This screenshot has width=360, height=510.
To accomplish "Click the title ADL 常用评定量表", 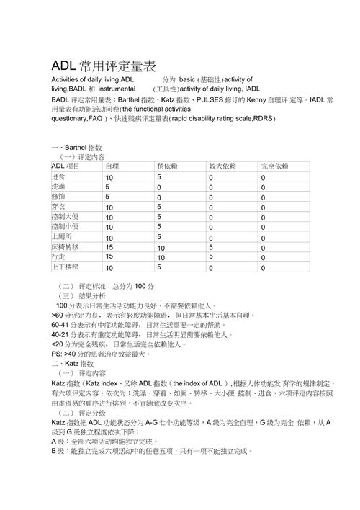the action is pos(103,66).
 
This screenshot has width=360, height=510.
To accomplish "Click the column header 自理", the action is pos(112,166).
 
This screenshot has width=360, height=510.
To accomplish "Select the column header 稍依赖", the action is pos(167,166).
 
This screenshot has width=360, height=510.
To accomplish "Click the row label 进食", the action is pos(58,176).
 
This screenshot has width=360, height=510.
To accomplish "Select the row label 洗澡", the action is pos(58,187).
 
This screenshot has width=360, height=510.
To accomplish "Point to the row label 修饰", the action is pos(58,197).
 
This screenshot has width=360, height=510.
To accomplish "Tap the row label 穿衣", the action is pos(58,207).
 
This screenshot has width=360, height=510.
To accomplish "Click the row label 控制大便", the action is pos(65,217).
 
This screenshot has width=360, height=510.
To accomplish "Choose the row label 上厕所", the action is pos(61,237).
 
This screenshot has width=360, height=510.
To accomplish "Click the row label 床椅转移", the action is pos(65,247).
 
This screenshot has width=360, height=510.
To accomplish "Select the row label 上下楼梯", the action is pos(65,267).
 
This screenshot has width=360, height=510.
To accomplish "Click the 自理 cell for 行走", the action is pos(109,256).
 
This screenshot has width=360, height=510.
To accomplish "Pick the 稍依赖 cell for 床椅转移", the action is pos(161,248).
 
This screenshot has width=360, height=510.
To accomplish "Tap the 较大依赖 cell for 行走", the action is pos(211,256).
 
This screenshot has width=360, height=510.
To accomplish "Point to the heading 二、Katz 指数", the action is pos(72,364).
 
